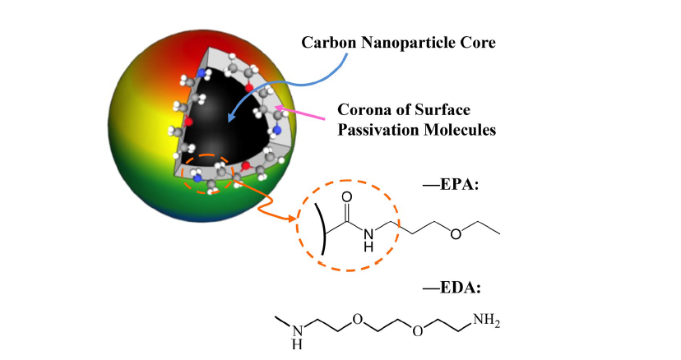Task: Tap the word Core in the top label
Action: coord(478,43)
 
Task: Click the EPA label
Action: coord(451,185)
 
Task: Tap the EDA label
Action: coord(452,288)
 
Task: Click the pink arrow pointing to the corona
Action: coord(300,112)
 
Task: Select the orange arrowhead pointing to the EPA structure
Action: coord(291,218)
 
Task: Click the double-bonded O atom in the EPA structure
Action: coord(346,197)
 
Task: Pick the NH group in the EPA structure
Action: coord(368,240)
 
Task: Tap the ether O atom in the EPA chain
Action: coord(456,234)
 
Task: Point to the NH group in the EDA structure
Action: coord(297,338)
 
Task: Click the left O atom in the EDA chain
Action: coord(357,320)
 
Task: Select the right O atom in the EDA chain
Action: coord(417,331)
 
